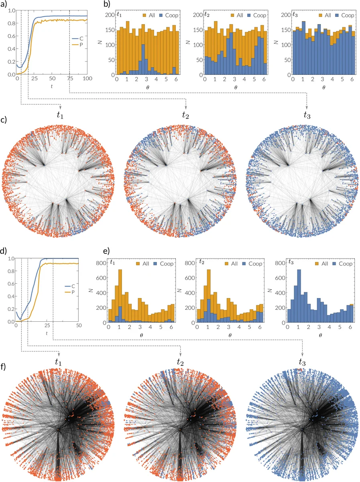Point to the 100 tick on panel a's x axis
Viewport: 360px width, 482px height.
(x=87, y=79)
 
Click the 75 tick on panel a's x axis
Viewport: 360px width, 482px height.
(x=69, y=79)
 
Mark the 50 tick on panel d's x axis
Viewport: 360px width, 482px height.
(x=79, y=325)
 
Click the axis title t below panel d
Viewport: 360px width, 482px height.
(x=47, y=333)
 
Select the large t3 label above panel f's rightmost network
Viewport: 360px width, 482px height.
(x=304, y=362)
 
